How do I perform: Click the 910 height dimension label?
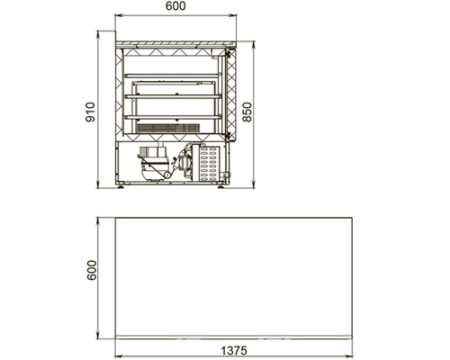pos(91,112)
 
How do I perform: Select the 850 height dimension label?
pos(247,112)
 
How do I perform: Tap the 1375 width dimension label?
pos(234,350)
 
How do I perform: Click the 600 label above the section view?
pos(175,6)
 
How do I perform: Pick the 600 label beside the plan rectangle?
pos(92,270)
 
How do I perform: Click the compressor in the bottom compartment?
pos(154,163)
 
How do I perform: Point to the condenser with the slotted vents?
pos(207,163)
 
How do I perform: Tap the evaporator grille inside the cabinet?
pos(168,128)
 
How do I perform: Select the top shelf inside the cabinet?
pos(173,76)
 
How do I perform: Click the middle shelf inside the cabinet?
pos(173,96)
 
